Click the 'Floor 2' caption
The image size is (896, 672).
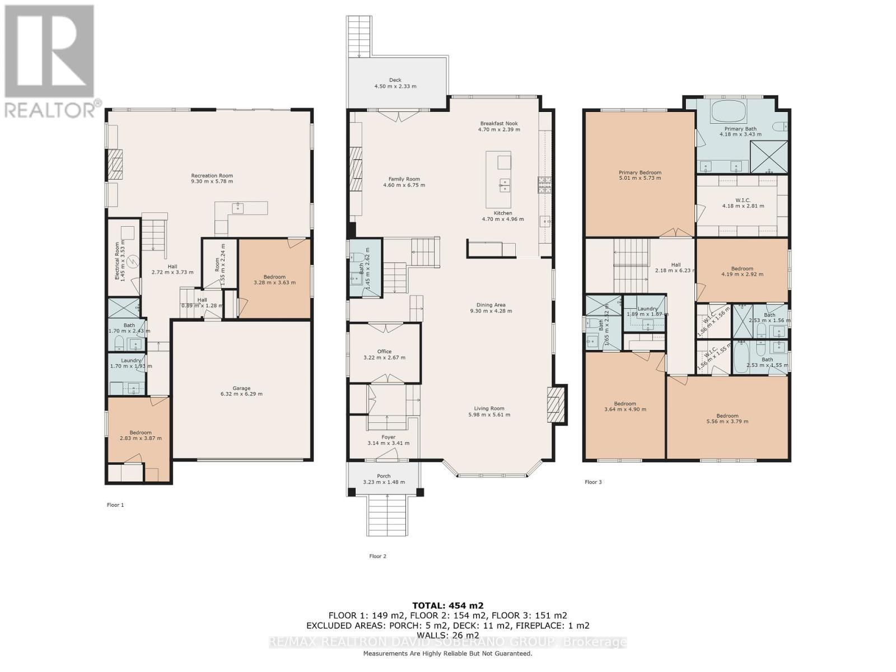coord(377,556)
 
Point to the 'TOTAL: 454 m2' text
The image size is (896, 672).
coord(447,605)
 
